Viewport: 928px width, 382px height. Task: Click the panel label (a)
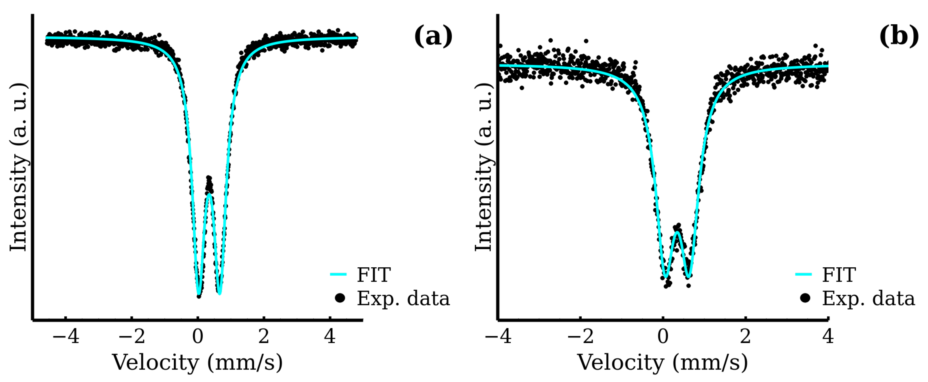coord(433,36)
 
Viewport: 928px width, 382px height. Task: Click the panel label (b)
coord(898,36)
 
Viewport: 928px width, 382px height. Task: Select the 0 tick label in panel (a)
coord(198,336)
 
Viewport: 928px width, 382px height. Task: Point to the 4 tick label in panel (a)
coord(330,336)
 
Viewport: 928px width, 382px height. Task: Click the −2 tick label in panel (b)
coord(580,336)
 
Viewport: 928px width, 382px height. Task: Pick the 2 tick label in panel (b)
coord(745,336)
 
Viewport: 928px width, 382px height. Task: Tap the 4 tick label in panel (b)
coord(828,336)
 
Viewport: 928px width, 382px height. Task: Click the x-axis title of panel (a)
coord(198,363)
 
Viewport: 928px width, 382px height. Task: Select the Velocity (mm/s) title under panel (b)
coord(663,363)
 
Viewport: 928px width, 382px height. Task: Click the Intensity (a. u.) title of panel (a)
coord(19,167)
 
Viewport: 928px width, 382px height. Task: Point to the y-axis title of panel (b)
coord(484,167)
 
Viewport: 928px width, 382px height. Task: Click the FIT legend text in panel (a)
coord(374,275)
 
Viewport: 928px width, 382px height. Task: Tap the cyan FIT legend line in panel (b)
coord(803,275)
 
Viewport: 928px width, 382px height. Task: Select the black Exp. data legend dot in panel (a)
coord(340,298)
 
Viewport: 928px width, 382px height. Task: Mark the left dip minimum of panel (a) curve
coord(199,294)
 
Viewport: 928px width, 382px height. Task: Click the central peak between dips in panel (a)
coord(209,195)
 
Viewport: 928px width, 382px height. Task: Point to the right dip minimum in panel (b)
coord(689,277)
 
